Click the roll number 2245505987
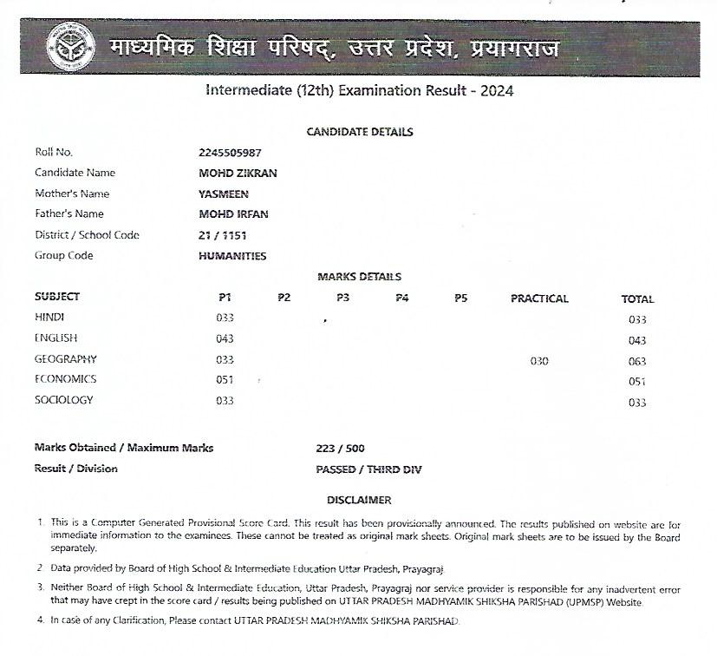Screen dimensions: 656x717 (230, 152)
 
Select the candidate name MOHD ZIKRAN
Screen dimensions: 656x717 (238, 173)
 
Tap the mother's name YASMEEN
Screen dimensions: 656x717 (224, 194)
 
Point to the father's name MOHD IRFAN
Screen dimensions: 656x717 (233, 213)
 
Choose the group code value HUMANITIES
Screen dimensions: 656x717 (232, 256)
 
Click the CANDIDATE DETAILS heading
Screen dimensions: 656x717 (360, 132)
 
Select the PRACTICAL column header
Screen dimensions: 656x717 (539, 298)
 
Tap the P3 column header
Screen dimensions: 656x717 (343, 298)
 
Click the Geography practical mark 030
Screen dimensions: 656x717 (539, 361)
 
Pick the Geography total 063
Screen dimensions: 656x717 (637, 361)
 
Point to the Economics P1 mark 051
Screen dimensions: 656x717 (225, 379)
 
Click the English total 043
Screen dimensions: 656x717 (637, 340)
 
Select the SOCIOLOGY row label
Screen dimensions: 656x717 (63, 400)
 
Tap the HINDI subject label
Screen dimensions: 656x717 (49, 318)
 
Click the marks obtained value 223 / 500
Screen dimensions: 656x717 (341, 449)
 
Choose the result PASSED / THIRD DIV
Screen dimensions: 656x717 (368, 469)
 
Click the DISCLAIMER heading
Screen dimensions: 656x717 (359, 500)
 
